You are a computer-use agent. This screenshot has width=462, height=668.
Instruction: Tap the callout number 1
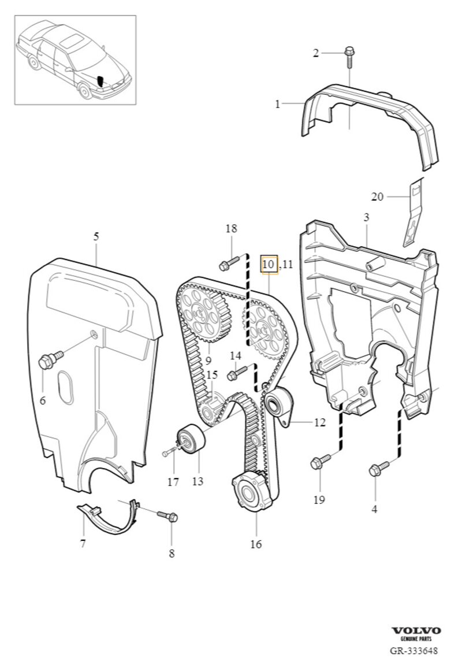click(278, 104)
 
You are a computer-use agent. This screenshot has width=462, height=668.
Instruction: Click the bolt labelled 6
click(46, 362)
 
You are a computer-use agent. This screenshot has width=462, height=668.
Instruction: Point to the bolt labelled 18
click(226, 266)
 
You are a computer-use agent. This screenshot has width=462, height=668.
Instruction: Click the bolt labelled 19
click(318, 462)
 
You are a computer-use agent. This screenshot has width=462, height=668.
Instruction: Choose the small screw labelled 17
click(169, 452)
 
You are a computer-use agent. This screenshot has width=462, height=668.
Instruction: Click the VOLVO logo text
click(416, 630)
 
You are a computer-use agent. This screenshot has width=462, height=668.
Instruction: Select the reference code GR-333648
click(413, 651)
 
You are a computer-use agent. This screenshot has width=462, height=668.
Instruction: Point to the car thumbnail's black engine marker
click(101, 81)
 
